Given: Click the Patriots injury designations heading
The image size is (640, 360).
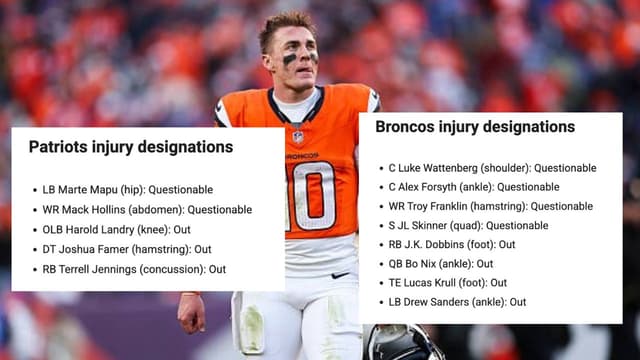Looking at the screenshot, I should tap(131, 147).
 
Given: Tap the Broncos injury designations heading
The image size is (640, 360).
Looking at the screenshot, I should tap(475, 127).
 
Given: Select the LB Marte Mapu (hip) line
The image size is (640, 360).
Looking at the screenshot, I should tap(128, 190).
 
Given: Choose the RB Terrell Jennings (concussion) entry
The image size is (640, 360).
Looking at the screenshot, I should tap(134, 269).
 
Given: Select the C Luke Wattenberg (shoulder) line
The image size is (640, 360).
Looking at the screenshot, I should tap(492, 168).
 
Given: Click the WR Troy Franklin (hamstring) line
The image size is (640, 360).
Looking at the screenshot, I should tap(490, 206).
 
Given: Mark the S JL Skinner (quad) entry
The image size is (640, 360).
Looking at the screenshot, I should tap(468, 225).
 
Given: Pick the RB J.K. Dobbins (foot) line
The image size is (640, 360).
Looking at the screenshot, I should tap(452, 244).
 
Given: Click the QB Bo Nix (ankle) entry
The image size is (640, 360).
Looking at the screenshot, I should tap(441, 263).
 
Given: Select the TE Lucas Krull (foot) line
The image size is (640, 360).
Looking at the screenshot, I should tap(448, 282).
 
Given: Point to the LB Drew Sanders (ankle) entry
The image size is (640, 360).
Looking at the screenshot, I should tap(457, 301).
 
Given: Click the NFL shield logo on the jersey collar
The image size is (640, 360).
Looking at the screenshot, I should tap(298, 136).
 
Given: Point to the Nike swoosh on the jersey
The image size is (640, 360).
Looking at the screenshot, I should tap(341, 274).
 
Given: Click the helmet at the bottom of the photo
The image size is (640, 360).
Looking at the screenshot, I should tap(400, 342).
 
